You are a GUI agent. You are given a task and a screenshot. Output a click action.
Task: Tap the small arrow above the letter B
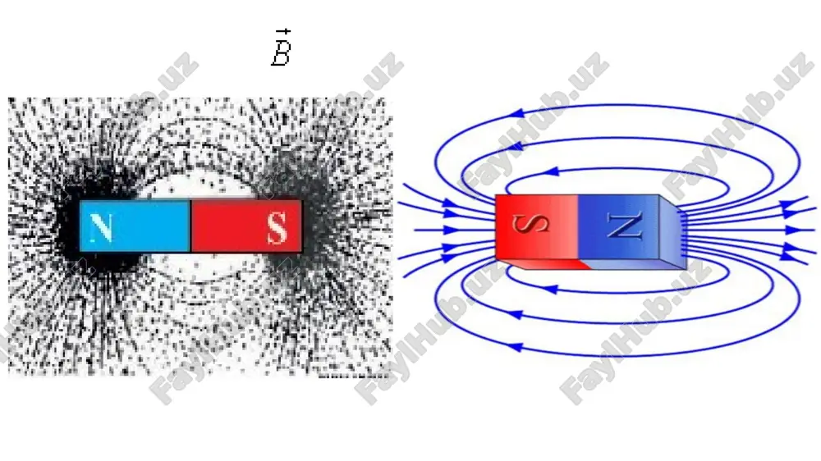[283, 33]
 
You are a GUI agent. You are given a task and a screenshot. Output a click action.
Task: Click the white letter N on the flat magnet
[101, 228]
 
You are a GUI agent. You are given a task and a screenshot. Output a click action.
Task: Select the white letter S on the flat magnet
[277, 228]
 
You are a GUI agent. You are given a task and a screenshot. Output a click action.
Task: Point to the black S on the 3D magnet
[530, 223]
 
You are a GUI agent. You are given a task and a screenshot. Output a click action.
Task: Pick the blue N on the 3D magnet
[624, 226]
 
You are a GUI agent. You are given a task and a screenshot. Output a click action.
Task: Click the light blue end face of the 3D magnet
[672, 233]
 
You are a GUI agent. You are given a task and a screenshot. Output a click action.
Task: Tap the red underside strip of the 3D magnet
[544, 263]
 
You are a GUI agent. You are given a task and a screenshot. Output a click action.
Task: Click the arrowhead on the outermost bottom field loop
[516, 346]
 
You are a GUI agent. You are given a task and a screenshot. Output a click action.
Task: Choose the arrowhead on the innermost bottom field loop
[549, 289]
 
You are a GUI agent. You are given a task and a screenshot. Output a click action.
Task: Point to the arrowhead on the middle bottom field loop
[516, 314]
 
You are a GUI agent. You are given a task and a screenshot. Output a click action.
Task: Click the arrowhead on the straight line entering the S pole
[450, 230]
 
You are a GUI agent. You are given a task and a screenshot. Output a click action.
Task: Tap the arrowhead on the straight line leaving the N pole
[793, 230]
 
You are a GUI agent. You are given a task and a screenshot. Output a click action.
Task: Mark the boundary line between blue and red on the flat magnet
[190, 226]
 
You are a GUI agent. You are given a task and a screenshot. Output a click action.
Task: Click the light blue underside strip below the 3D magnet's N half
[634, 264]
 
